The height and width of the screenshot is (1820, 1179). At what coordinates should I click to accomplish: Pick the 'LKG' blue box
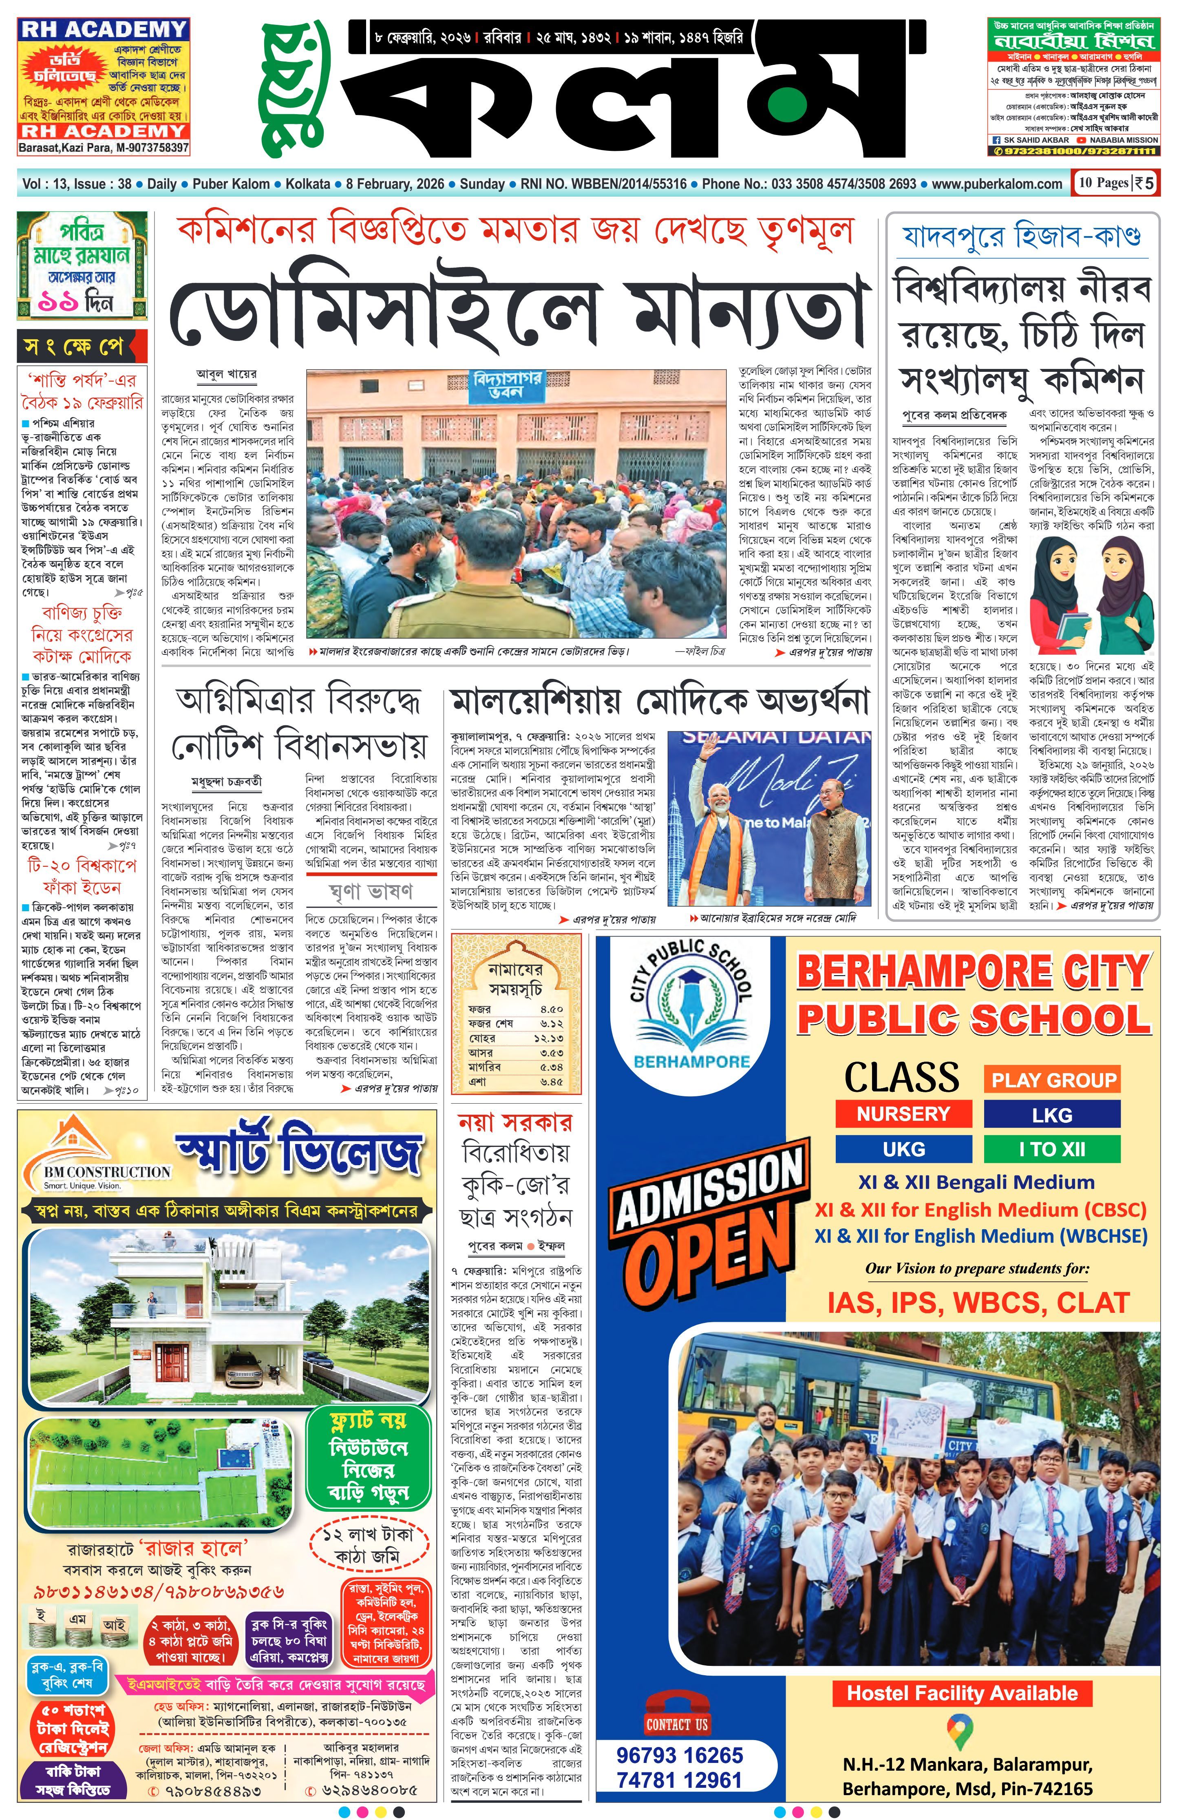(x=1051, y=1115)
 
